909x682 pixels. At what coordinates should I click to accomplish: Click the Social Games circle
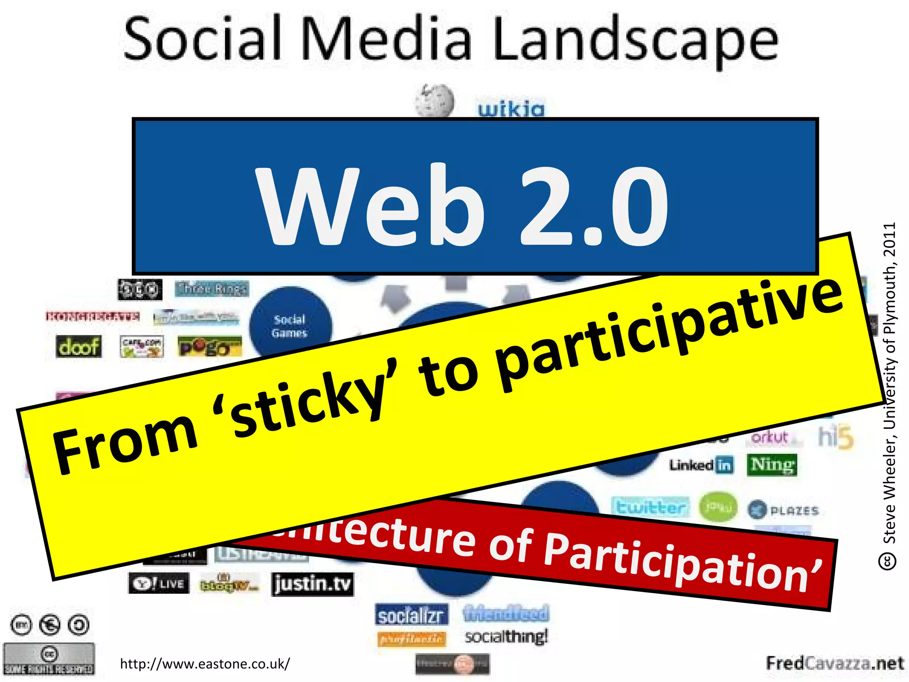coord(290,325)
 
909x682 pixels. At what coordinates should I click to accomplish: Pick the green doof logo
coord(79,346)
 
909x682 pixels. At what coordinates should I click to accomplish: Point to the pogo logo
coord(209,347)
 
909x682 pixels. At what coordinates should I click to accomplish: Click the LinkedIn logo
coord(701,465)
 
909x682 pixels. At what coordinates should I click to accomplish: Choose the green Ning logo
coord(772,465)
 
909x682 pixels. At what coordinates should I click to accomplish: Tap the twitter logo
coord(651,507)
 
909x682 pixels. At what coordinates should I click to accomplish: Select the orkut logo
coord(770,437)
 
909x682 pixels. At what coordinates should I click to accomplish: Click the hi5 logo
coord(836,437)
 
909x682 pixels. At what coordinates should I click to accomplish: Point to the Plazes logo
coord(783,510)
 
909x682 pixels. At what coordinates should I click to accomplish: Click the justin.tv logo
coord(312,583)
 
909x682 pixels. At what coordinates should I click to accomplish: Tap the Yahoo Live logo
coord(159,583)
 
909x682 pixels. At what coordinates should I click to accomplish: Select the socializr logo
coord(411,615)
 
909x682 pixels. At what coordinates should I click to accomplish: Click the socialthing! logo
coord(506,637)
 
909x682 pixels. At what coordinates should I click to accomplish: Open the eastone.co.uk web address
coord(205,664)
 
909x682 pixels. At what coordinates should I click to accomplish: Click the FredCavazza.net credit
coord(835,663)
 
